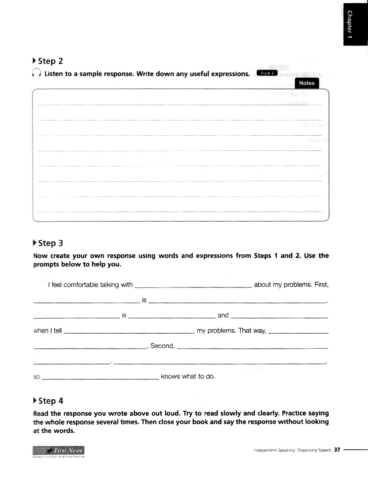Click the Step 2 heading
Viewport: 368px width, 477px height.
point(50,61)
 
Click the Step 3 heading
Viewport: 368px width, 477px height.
point(50,243)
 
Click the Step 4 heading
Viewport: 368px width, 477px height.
point(50,401)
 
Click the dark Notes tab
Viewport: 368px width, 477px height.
point(306,83)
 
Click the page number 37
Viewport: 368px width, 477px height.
point(337,450)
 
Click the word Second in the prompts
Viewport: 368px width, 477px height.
point(161,346)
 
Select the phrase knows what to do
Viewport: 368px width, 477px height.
point(188,376)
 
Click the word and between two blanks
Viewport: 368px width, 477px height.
point(223,315)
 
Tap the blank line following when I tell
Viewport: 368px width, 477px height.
point(128,332)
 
